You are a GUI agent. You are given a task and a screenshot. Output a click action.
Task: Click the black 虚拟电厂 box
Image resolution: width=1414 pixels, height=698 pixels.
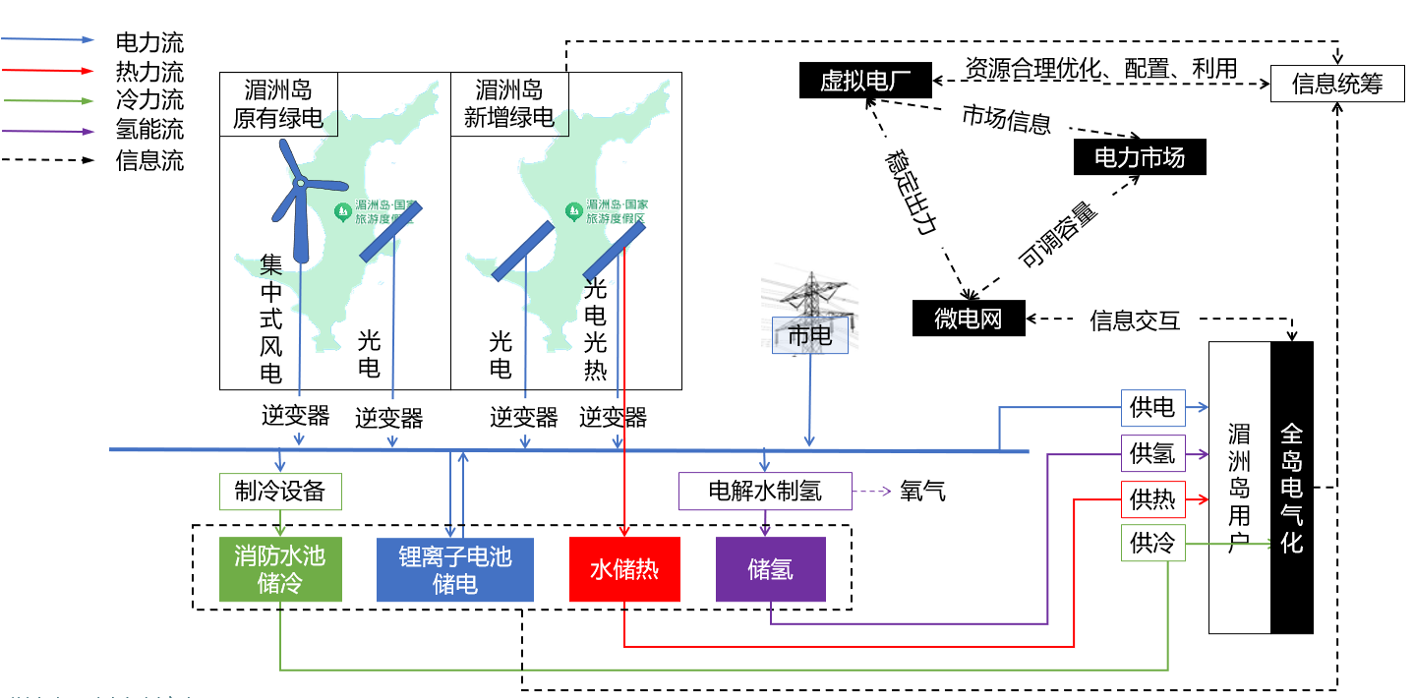point(864,81)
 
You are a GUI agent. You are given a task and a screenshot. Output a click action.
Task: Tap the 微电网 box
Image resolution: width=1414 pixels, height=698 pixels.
point(969,319)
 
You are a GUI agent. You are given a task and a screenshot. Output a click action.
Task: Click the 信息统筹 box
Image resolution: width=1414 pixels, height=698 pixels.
point(1337,84)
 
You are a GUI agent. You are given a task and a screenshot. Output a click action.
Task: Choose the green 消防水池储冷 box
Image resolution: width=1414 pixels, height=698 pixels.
point(279,570)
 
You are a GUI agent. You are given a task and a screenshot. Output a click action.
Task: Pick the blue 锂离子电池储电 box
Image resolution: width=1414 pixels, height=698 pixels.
point(454,570)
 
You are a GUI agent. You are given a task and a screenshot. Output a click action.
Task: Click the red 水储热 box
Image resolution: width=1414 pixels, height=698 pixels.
point(624,570)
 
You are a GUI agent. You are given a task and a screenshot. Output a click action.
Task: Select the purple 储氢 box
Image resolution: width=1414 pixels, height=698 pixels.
point(770,570)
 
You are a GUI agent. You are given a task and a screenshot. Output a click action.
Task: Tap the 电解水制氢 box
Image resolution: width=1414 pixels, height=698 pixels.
point(765,491)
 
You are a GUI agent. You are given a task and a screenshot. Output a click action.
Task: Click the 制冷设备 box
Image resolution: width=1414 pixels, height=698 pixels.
point(279,491)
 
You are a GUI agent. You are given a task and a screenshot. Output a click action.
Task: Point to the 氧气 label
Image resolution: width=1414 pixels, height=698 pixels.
point(922,491)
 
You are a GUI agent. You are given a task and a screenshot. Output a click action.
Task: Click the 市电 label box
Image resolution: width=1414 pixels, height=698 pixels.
point(809,336)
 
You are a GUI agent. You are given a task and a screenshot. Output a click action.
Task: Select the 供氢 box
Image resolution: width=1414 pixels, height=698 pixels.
point(1153,453)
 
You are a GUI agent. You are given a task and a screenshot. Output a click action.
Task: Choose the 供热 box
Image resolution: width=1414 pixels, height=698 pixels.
point(1153,498)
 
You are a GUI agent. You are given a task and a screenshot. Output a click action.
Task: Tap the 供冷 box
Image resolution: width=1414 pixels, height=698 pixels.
point(1153,543)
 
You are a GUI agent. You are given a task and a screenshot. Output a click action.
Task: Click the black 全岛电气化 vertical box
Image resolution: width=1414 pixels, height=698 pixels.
point(1291,487)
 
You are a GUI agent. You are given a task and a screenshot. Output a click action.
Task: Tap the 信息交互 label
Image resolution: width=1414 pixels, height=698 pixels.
point(1134,320)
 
